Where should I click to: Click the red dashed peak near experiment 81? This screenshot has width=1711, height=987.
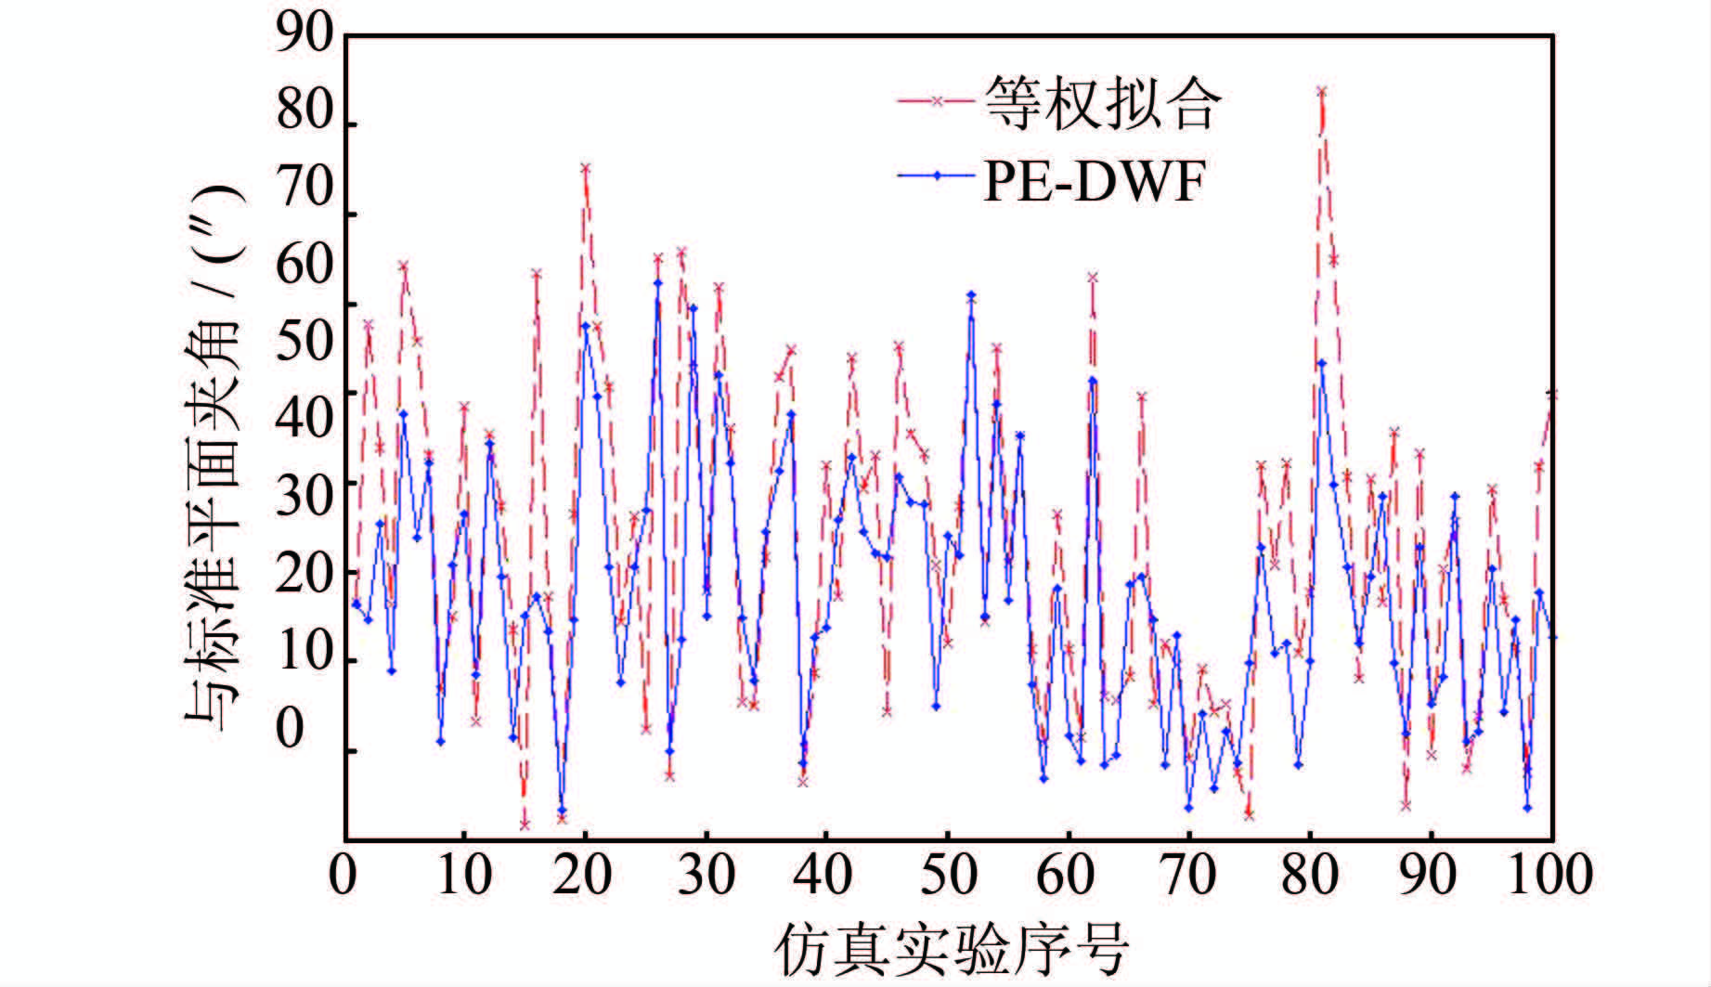[1321, 91]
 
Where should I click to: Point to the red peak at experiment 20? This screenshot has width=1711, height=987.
[586, 168]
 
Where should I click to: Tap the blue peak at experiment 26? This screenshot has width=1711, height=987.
[657, 283]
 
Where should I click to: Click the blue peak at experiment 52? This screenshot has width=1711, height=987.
[971, 295]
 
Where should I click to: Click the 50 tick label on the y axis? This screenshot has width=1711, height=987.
[305, 342]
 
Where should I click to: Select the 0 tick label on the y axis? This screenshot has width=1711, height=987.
[290, 729]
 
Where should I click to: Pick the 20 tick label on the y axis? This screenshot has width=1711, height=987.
[305, 574]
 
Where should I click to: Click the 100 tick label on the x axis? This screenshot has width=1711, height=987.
[1551, 875]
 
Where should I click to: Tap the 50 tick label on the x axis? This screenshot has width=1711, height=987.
[948, 875]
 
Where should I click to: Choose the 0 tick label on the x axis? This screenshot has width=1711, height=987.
[344, 875]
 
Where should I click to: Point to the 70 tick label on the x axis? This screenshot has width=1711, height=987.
[1189, 875]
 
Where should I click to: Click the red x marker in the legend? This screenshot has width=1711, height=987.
[937, 101]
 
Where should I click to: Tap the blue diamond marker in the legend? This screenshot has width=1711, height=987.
[937, 175]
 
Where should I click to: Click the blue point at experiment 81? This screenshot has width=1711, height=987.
[1321, 363]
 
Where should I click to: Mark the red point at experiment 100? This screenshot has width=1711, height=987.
[1551, 395]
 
